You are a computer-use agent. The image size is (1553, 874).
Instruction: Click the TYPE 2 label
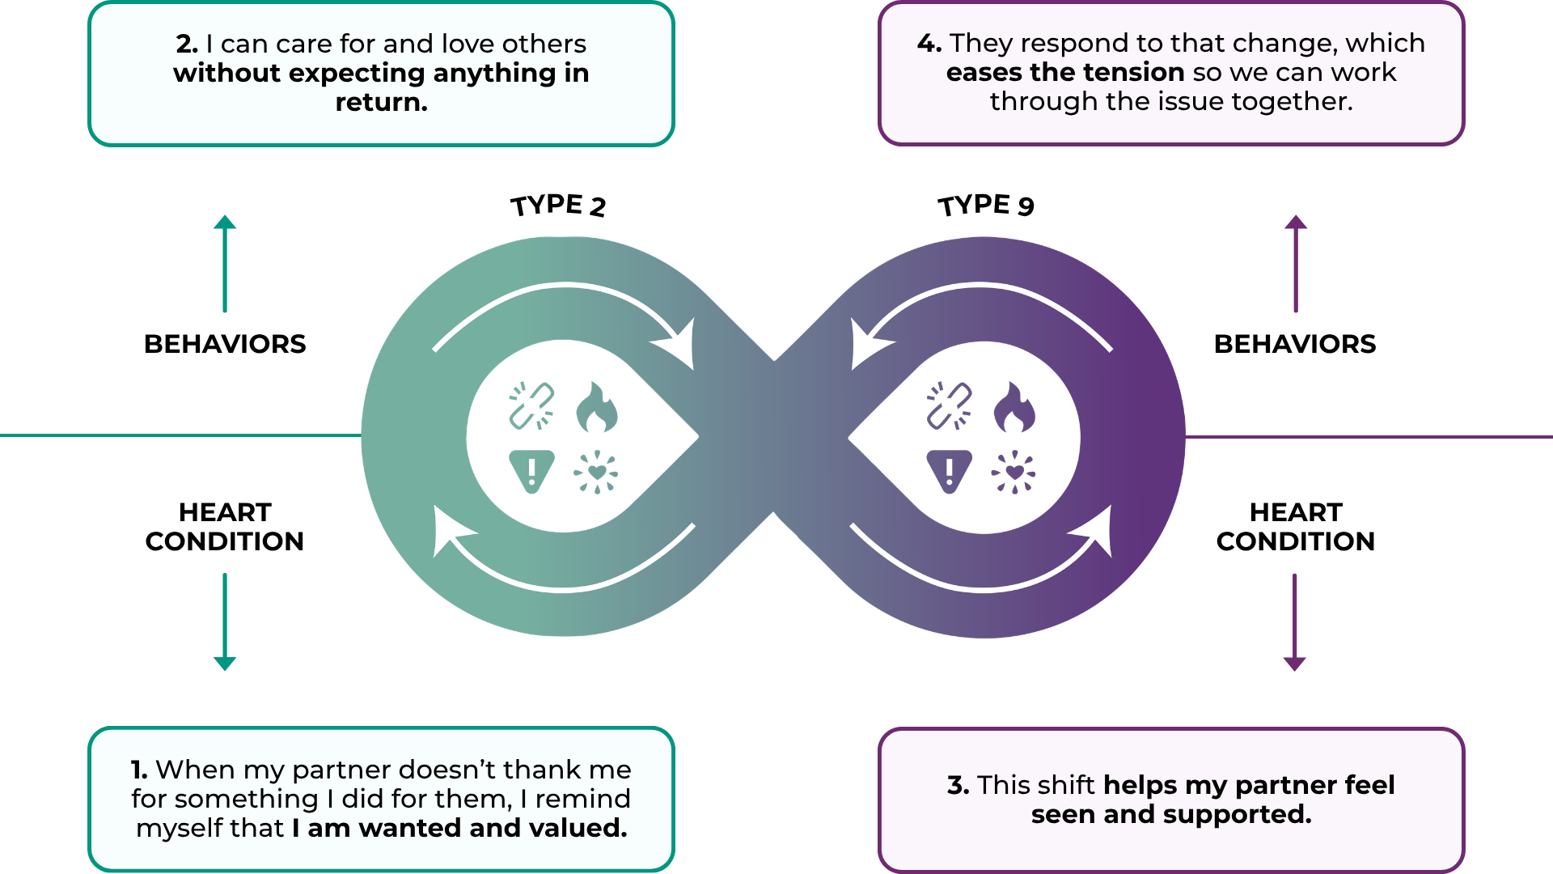(x=558, y=206)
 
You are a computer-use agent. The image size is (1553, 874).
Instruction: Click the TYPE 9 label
(x=986, y=205)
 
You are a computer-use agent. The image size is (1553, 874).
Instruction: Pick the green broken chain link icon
(x=531, y=405)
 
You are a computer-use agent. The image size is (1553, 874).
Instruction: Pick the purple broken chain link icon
(x=949, y=405)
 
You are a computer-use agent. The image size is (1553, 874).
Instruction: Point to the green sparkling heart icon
(x=596, y=472)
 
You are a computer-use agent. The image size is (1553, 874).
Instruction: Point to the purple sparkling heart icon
(x=1013, y=472)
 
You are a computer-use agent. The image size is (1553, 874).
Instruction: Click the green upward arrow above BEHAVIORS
(x=225, y=263)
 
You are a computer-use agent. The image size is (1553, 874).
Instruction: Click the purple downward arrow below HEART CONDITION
(x=1295, y=622)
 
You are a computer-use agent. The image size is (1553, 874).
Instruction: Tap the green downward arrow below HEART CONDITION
(x=225, y=622)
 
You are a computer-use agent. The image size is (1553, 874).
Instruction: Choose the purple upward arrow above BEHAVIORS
(x=1296, y=263)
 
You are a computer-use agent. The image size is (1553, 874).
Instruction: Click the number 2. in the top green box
(x=187, y=44)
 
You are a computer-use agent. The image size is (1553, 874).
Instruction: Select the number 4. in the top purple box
(x=929, y=43)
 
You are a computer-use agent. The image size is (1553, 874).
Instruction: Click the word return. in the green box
(x=381, y=103)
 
